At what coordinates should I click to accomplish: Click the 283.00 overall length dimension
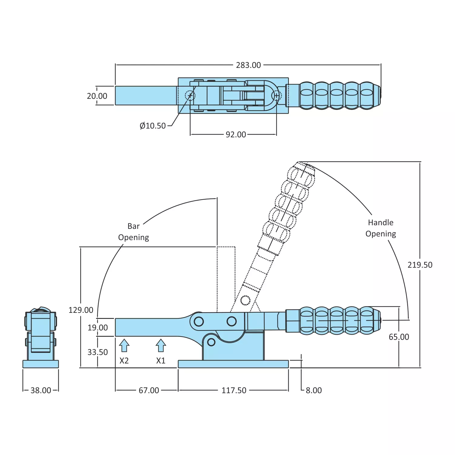click(248, 65)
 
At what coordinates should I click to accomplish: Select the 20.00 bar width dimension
click(97, 96)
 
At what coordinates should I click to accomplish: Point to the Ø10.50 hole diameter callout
click(153, 126)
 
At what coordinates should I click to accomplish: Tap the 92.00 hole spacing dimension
click(236, 135)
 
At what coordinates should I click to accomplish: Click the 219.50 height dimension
click(420, 265)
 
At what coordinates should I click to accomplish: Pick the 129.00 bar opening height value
click(81, 310)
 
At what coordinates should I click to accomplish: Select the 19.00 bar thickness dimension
click(98, 328)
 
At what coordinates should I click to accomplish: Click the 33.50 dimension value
click(98, 352)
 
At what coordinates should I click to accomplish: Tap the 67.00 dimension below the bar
click(149, 390)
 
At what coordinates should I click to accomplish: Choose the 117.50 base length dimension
click(234, 390)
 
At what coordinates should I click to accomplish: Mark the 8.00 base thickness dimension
click(314, 390)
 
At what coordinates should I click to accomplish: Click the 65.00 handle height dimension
click(399, 337)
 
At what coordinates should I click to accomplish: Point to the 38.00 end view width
click(41, 390)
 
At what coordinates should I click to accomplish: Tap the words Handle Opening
click(381, 228)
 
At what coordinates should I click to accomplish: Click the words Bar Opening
click(134, 232)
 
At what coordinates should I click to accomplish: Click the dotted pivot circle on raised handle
click(245, 300)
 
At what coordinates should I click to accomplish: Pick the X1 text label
click(161, 361)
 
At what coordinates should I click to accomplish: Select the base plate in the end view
click(41, 364)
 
